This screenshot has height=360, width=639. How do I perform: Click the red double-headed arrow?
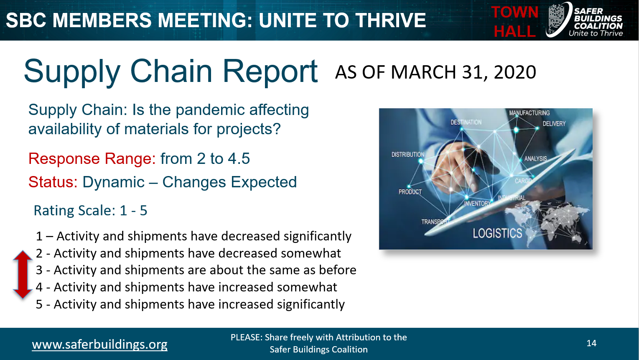point(23,275)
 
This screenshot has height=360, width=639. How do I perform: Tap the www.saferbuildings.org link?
point(99,344)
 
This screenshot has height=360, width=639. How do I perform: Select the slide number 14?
point(591,343)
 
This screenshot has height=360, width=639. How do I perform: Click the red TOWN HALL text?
point(514,22)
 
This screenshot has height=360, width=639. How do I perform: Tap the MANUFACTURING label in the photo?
point(529,113)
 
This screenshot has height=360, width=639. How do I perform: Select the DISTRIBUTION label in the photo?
point(407,154)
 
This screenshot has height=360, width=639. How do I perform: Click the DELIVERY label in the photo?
point(554,124)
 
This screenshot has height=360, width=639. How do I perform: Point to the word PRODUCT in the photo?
point(410,192)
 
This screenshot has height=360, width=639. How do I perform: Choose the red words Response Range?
point(92,158)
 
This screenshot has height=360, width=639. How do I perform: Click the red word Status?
point(53,182)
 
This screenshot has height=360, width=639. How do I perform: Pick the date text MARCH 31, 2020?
point(463,72)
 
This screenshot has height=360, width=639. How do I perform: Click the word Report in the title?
point(270,71)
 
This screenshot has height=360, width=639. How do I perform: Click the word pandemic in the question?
point(210,110)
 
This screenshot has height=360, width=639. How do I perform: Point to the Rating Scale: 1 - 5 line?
point(90,210)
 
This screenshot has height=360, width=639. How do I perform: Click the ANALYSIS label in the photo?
point(535,158)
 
